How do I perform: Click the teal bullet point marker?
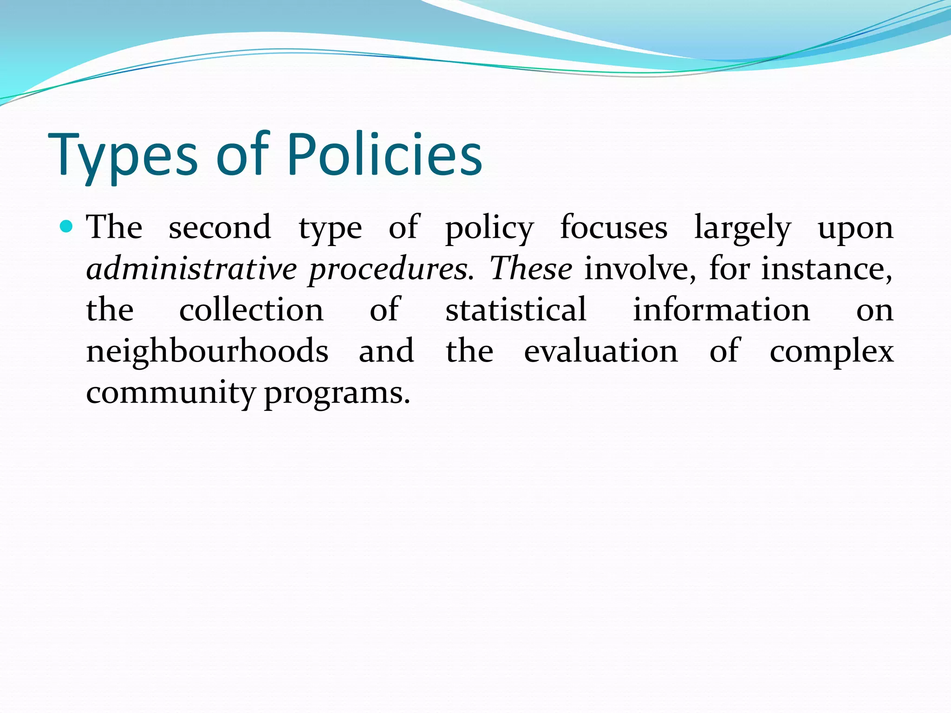coord(67,227)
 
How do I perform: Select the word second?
coord(220,227)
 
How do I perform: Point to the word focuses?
coord(613,227)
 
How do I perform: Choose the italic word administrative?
coord(191,269)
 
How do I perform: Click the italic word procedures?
coord(391,270)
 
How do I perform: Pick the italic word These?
coord(531,269)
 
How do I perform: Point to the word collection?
coord(251,310)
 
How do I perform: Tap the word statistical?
coord(516,310)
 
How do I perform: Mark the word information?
coord(722,310)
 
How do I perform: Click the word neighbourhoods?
coord(208,351)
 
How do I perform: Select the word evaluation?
coord(601,351)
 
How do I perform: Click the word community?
coord(170,393)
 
